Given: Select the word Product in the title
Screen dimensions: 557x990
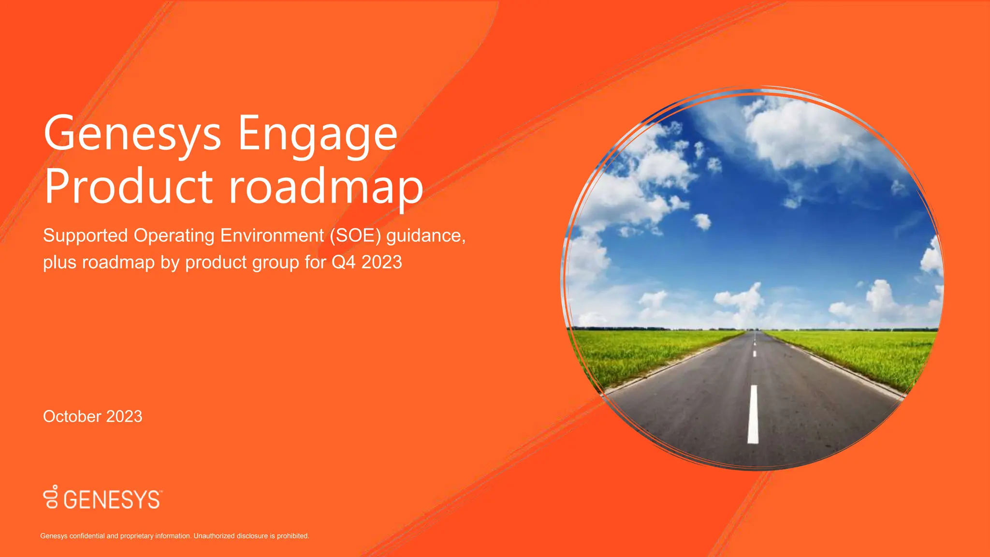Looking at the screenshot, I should [x=128, y=187].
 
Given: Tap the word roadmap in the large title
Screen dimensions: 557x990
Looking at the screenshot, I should [x=326, y=187].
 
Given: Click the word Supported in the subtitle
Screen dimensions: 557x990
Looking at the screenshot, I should [x=85, y=235].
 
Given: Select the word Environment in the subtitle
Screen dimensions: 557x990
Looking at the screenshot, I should [x=272, y=235].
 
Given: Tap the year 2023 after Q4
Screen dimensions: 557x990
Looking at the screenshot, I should [x=381, y=262].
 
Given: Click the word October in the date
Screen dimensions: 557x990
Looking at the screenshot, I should [x=72, y=416].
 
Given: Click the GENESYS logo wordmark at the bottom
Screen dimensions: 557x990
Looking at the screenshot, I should [x=112, y=500].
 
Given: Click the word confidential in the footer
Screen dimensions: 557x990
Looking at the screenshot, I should [x=87, y=536].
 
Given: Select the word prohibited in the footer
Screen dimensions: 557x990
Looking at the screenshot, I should [x=292, y=536].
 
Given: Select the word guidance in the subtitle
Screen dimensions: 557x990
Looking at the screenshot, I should [x=425, y=235].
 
